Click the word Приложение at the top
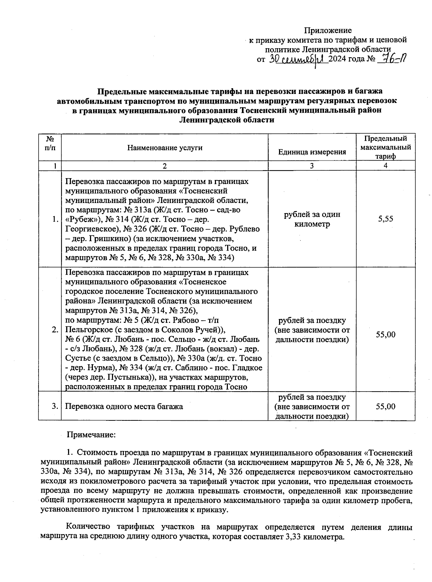pyautogui.click(x=328, y=30)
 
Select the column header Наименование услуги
pyautogui.click(x=165, y=148)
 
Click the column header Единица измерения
pyautogui.click(x=312, y=152)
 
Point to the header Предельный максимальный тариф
pyautogui.click(x=386, y=147)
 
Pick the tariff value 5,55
pyautogui.click(x=386, y=219)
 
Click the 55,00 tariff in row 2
pyautogui.click(x=386, y=334)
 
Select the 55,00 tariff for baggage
pyautogui.click(x=386, y=406)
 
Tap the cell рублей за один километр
pyautogui.click(x=312, y=219)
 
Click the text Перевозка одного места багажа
pyautogui.click(x=124, y=406)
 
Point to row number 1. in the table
pyautogui.click(x=55, y=219)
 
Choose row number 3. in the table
pyautogui.click(x=55, y=406)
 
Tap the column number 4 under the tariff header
pyautogui.click(x=386, y=166)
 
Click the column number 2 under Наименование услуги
pyautogui.click(x=165, y=166)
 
